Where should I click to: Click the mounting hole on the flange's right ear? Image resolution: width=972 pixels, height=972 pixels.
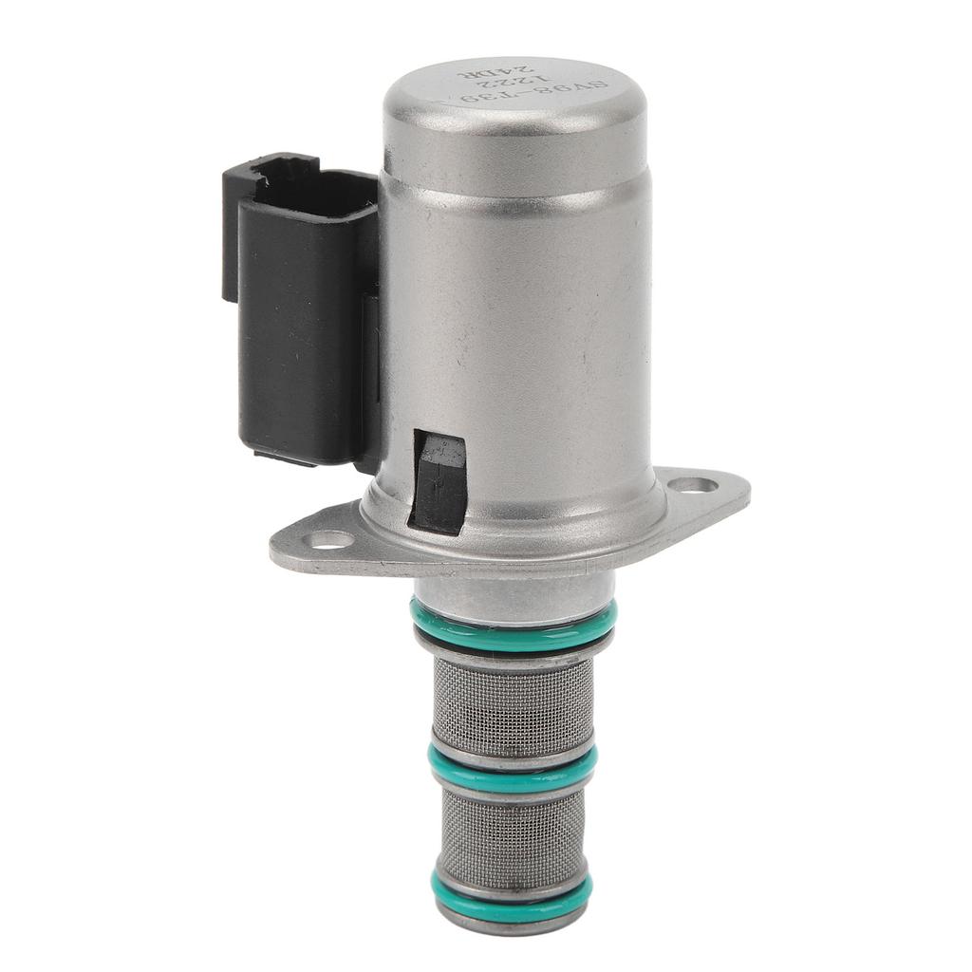tap(693, 485)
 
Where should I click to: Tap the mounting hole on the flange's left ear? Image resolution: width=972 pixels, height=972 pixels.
tap(331, 540)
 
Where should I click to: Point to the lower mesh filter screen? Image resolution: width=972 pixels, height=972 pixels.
tap(513, 830)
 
